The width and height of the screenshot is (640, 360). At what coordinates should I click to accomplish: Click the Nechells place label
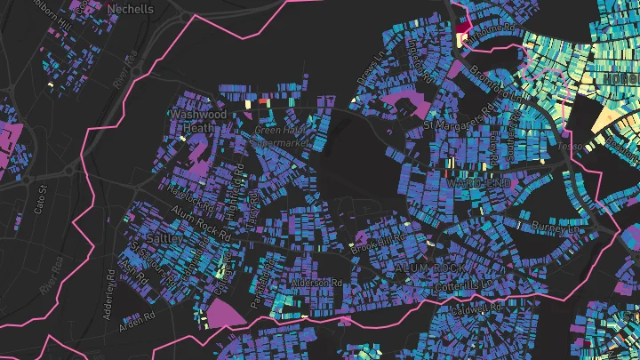tap(130, 9)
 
